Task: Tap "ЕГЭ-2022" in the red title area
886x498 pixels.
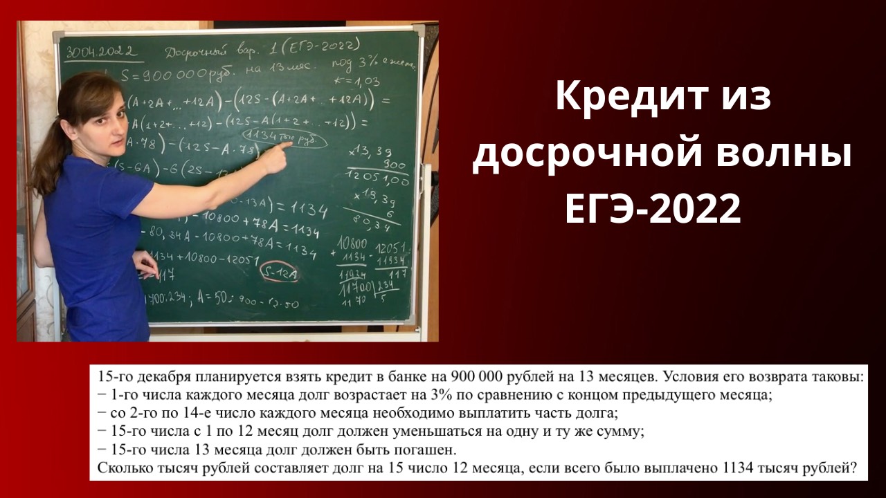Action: pos(653,209)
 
